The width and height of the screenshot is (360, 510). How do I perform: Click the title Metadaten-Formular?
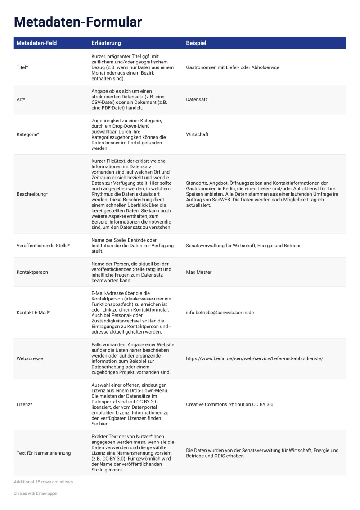click(77, 22)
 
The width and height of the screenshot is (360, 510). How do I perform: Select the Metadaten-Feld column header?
click(36, 43)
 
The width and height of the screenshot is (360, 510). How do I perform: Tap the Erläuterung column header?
click(106, 43)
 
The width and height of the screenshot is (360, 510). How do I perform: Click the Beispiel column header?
click(196, 43)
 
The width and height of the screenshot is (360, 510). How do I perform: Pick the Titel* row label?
click(22, 67)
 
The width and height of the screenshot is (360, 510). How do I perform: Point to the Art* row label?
click(21, 99)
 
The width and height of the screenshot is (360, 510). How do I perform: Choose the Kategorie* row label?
click(28, 134)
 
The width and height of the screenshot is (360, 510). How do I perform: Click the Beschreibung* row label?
click(32, 194)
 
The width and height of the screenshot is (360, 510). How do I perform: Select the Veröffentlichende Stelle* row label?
click(43, 246)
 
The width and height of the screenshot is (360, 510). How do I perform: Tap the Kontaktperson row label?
click(32, 272)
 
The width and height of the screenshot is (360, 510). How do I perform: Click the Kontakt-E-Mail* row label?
click(33, 313)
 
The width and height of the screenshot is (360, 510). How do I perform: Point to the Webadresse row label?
click(30, 358)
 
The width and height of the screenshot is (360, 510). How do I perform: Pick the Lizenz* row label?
click(24, 404)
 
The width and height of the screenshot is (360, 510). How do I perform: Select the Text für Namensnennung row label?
click(44, 453)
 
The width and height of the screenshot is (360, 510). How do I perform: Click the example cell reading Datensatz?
click(197, 99)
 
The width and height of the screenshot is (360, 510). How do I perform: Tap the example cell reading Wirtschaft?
click(197, 134)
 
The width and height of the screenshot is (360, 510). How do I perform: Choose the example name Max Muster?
click(198, 272)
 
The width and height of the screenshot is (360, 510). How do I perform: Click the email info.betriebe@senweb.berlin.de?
click(220, 313)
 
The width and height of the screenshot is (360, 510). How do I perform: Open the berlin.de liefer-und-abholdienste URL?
click(254, 358)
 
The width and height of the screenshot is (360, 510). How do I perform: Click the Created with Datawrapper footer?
click(36, 493)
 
